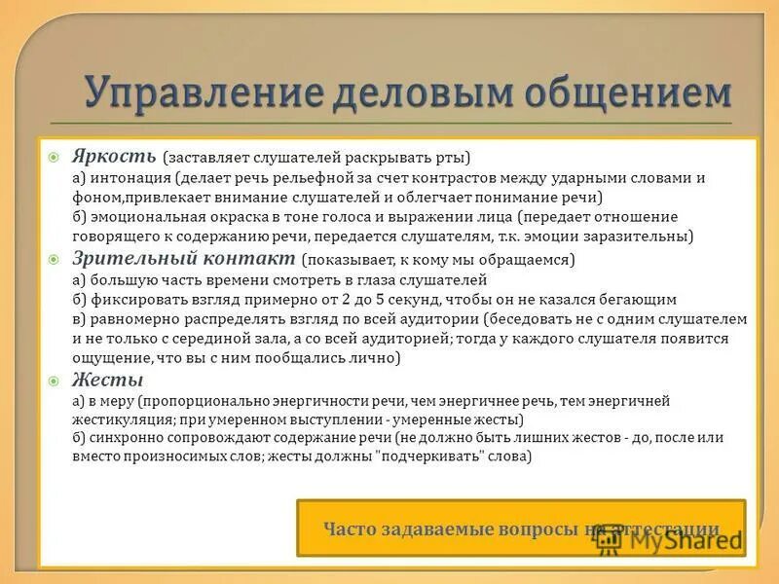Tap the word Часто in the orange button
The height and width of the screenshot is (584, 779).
pyautogui.click(x=349, y=530)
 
